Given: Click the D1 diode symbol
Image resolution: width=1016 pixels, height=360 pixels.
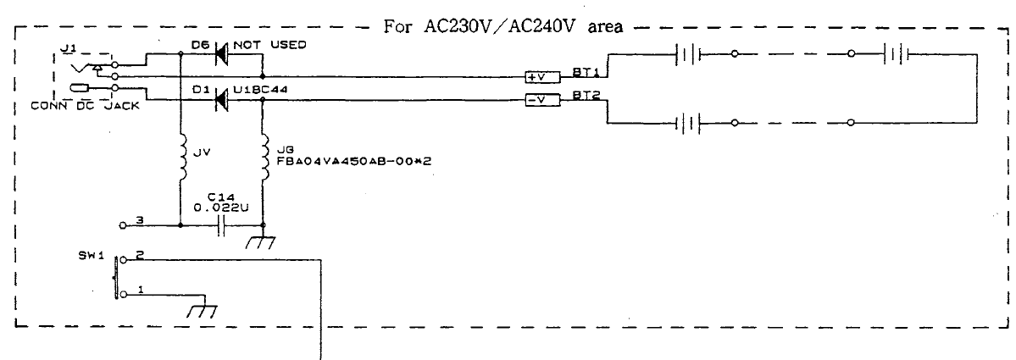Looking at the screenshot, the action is coord(221,100).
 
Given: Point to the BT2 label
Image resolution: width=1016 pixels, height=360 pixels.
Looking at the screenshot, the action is coord(582,95).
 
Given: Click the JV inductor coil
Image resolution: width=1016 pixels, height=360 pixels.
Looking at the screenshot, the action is coord(183,158).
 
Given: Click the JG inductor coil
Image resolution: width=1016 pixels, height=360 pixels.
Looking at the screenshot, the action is coord(266,158).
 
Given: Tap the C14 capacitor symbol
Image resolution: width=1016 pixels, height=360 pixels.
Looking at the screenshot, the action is coord(222,226).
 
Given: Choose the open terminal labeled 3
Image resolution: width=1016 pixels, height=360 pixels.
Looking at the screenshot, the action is coord(124,225).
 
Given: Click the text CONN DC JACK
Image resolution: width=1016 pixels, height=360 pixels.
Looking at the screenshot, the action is coord(85,107).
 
